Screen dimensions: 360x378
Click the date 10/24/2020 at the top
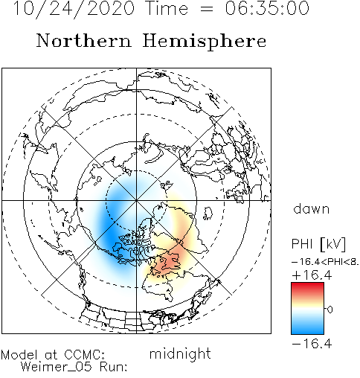tap(74, 8)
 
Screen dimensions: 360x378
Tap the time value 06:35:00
tap(267, 8)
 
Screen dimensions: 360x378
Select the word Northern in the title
tap(83, 40)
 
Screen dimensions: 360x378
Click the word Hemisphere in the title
tap(205, 41)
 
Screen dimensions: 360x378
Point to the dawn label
tap(312, 209)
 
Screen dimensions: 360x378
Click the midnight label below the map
tap(180, 353)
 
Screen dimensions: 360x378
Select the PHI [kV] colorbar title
tap(318, 244)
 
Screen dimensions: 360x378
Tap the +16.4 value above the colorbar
tap(312, 275)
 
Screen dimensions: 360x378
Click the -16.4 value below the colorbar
tap(312, 344)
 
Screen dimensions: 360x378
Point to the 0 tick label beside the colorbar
tap(330, 310)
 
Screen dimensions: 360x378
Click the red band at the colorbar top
tap(307, 288)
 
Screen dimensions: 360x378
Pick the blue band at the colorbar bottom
tap(307, 329)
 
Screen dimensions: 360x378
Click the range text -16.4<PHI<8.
tap(325, 262)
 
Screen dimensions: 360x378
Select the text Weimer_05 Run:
tap(74, 367)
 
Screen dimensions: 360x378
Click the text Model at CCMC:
tap(53, 354)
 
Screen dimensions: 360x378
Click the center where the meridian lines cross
tap(136, 200)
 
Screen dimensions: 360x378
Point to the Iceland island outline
tap(208, 214)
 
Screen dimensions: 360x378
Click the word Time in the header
tap(167, 8)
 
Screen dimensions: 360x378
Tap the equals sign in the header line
tap(206, 10)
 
